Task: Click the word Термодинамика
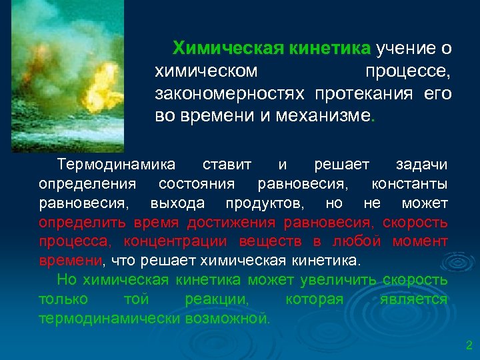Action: pyautogui.click(x=117, y=164)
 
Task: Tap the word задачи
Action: pyautogui.click(x=421, y=164)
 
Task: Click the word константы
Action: pyautogui.click(x=409, y=183)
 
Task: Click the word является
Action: pyautogui.click(x=413, y=299)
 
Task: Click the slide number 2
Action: pyautogui.click(x=469, y=345)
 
